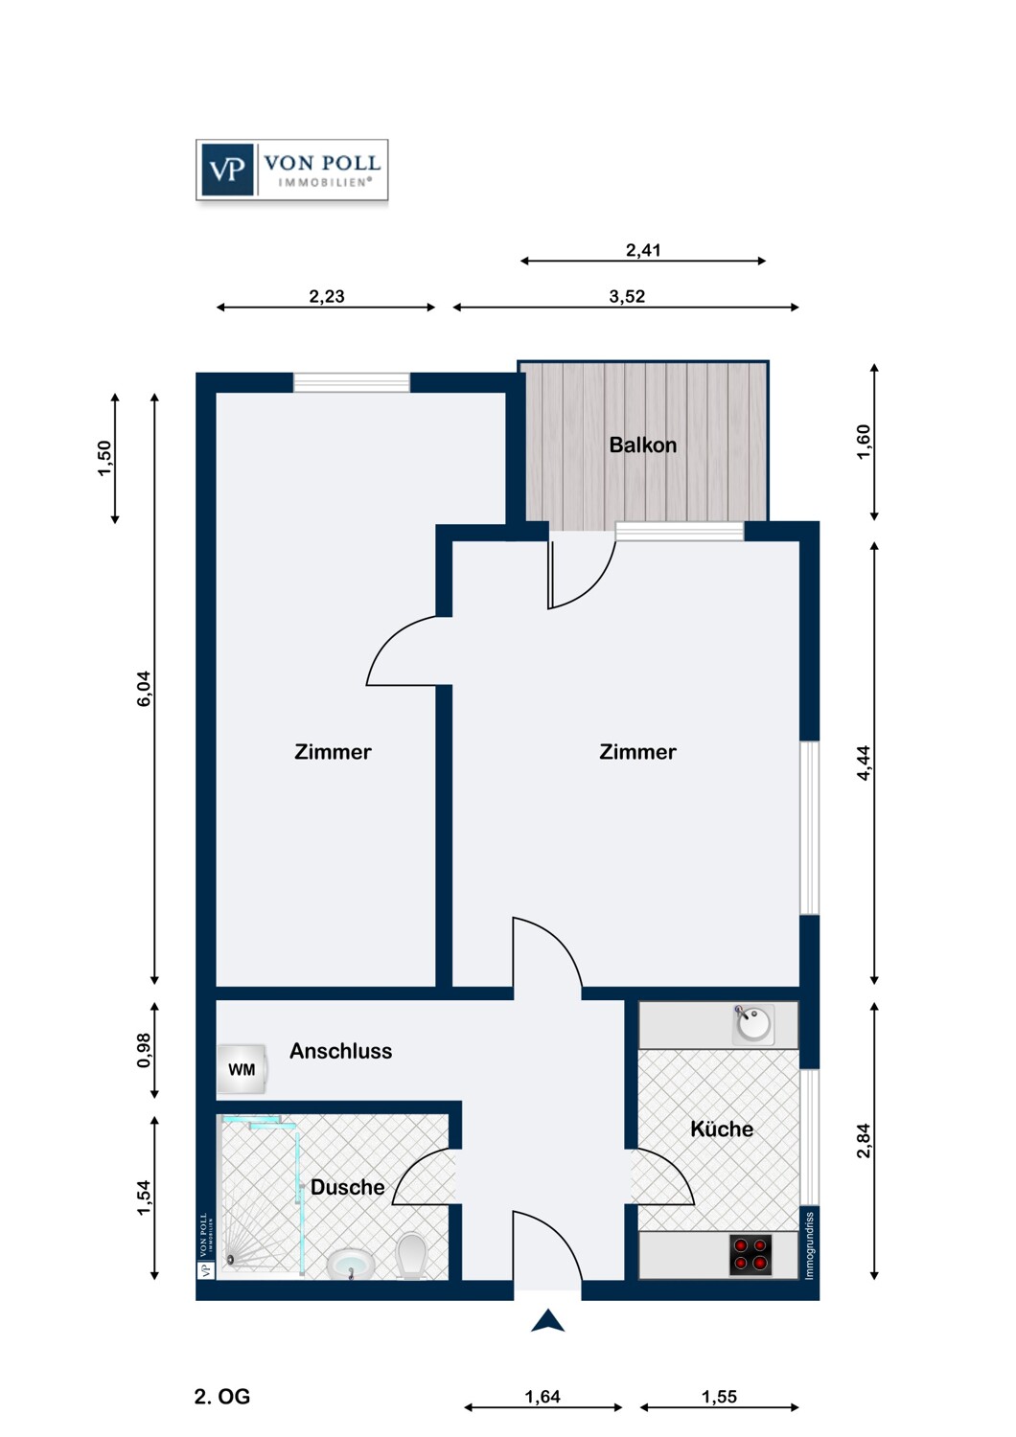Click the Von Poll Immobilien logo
tap(291, 170)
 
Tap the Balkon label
tap(642, 445)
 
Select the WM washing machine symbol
tap(241, 1069)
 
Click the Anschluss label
tap(340, 1051)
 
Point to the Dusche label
tap(347, 1187)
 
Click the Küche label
tap(721, 1129)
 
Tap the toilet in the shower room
tap(411, 1255)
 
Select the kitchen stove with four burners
tap(750, 1254)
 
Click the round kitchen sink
tap(753, 1024)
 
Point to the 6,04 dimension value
tap(144, 689)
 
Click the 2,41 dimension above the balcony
tap(643, 250)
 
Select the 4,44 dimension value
tap(864, 763)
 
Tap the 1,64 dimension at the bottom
tap(543, 1397)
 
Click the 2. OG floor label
tap(221, 1397)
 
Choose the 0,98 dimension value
tap(144, 1050)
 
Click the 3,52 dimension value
tap(627, 296)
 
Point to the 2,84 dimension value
tap(864, 1140)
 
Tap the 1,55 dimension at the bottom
tap(719, 1397)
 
